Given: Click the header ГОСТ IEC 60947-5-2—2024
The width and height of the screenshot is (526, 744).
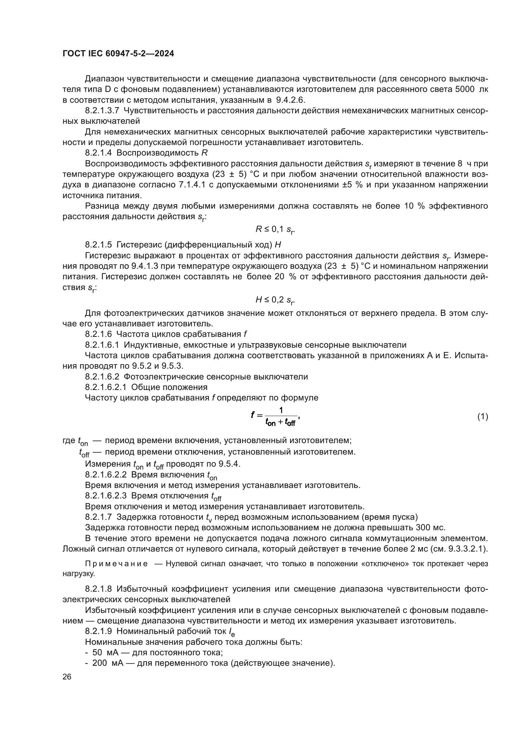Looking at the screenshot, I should (x=118, y=54).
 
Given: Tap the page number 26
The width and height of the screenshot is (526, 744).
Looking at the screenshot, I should (x=67, y=677).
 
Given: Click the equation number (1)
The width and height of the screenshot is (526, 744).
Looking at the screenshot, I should (x=483, y=416).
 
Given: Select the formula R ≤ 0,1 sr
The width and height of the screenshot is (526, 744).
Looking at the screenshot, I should (x=275, y=230).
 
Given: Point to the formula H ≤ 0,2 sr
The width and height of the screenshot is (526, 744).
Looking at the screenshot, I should (x=275, y=300).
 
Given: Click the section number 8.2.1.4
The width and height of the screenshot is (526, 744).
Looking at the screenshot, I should (x=99, y=153).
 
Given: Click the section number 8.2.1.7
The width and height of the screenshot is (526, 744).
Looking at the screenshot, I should (x=99, y=517).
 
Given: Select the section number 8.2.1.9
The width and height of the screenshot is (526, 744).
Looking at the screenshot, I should (x=99, y=631).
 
